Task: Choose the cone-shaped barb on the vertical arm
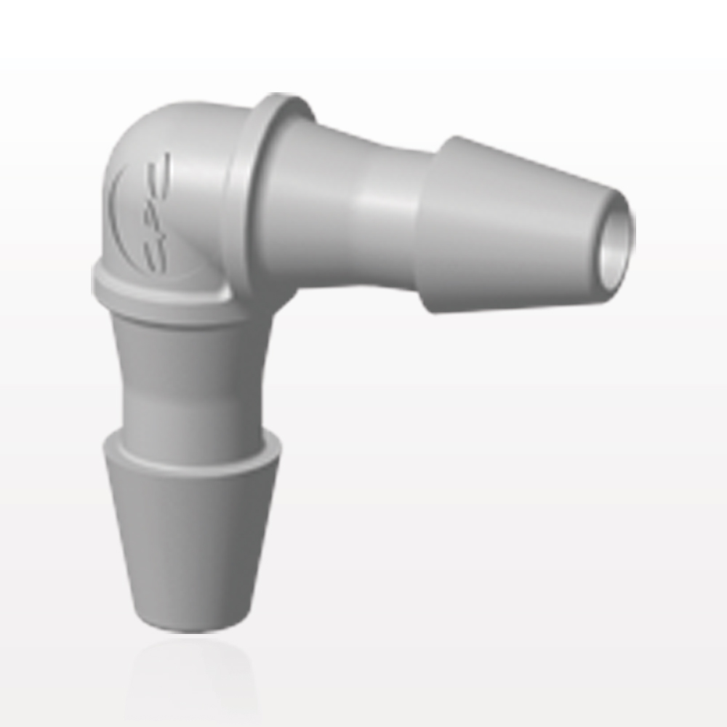pyautogui.click(x=193, y=531)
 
